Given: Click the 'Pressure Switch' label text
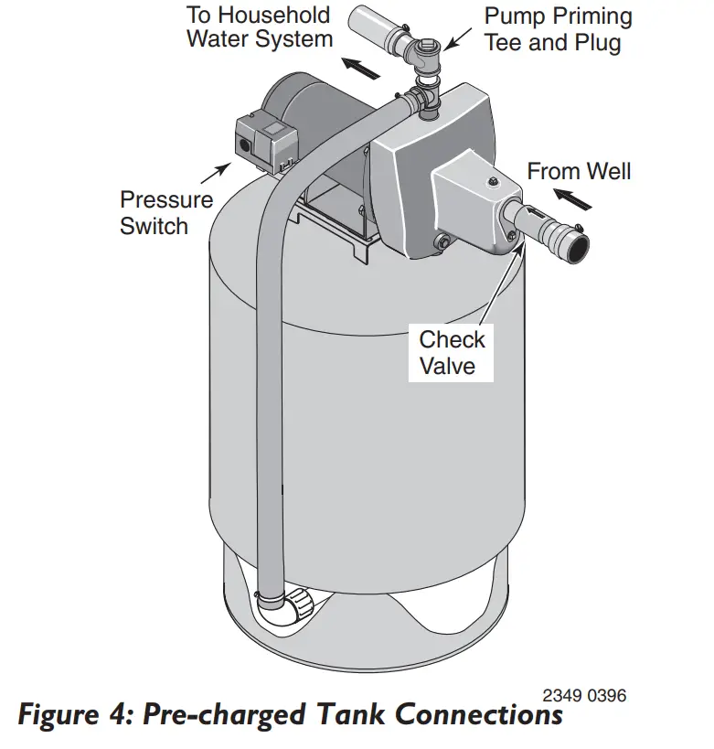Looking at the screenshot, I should pyautogui.click(x=165, y=212).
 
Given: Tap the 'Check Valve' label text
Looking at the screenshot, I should pyautogui.click(x=452, y=352).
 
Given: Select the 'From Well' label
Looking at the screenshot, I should pyautogui.click(x=578, y=171).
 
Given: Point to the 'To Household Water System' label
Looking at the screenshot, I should pyautogui.click(x=259, y=27).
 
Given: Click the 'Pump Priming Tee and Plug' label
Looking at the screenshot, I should pyautogui.click(x=558, y=29).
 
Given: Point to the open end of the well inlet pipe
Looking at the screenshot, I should pyautogui.click(x=578, y=242).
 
